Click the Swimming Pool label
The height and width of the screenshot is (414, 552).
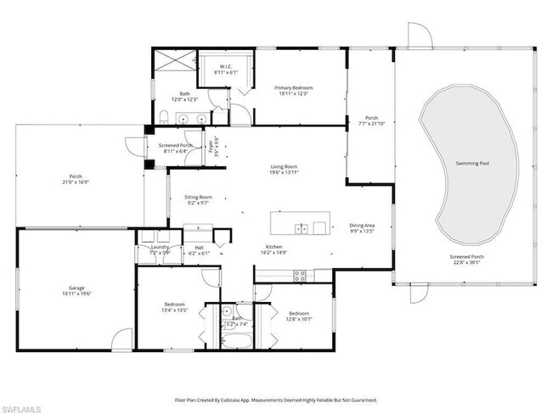pos(472,163)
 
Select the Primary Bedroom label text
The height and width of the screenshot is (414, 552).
pos(293,87)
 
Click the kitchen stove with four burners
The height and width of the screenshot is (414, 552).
pos(299,273)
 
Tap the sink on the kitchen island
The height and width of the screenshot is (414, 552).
pos(301,227)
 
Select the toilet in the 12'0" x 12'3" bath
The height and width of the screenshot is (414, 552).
pos(162,117)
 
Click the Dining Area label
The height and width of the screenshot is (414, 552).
pos(362,226)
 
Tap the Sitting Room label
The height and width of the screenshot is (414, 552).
pos(198,197)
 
